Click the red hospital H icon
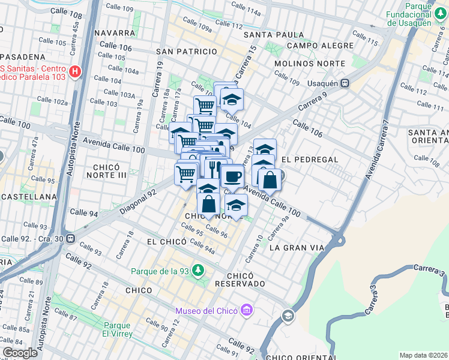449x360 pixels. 75,72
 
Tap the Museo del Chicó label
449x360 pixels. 206,310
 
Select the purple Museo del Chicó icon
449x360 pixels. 246,310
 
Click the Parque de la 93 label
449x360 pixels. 160,271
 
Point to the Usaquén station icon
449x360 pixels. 345,83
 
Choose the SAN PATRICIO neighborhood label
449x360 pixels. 186,52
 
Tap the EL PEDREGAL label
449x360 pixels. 309,160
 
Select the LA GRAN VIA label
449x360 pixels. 297,247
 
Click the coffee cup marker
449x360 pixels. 232,176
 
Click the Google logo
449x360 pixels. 19,353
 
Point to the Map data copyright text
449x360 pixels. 423,355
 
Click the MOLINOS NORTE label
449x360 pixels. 309,63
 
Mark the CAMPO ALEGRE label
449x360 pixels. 320,46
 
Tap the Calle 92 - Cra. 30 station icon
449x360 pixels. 71,238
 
